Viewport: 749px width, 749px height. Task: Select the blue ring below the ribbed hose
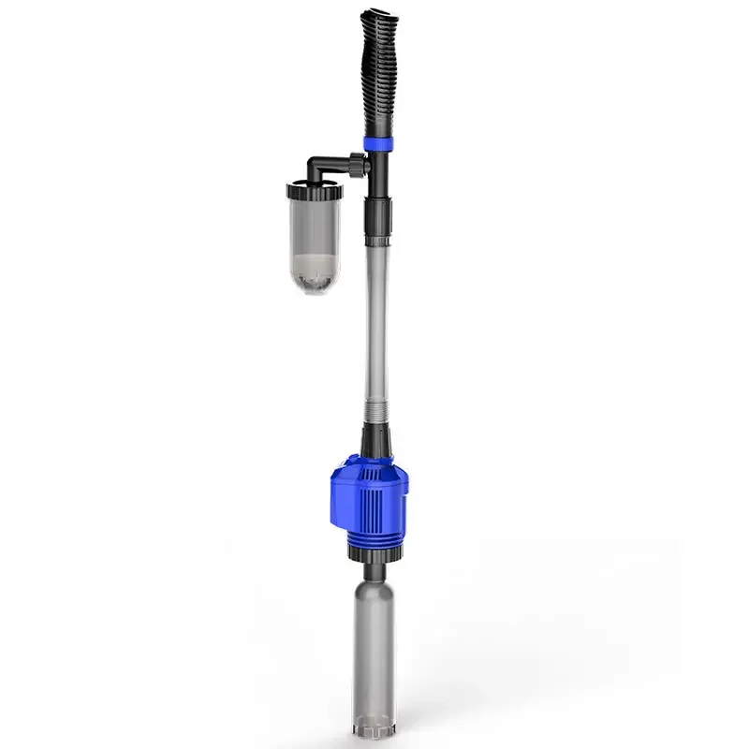(x=379, y=143)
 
